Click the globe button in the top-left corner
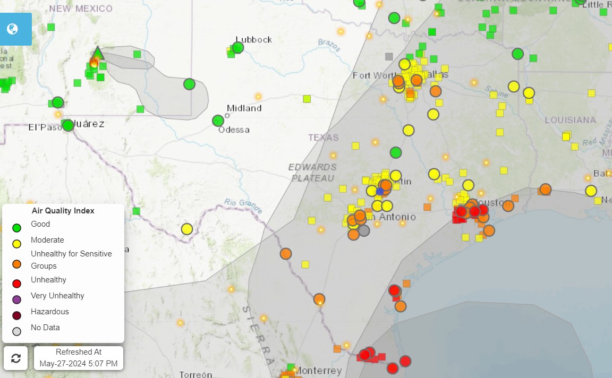(13, 29)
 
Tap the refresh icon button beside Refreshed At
(16, 358)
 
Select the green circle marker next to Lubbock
(238, 48)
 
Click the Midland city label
(244, 108)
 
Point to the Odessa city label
(234, 130)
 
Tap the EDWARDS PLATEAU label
(312, 173)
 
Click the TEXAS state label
(323, 138)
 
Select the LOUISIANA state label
(571, 120)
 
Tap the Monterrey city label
(318, 370)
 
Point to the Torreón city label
(195, 374)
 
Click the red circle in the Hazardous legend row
(16, 315)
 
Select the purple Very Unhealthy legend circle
(16, 299)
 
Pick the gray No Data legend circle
(16, 331)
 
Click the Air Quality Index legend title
(63, 211)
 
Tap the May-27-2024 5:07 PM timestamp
(79, 364)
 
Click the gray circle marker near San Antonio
(364, 230)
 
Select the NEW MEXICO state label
(81, 8)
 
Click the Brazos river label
(329, 45)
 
